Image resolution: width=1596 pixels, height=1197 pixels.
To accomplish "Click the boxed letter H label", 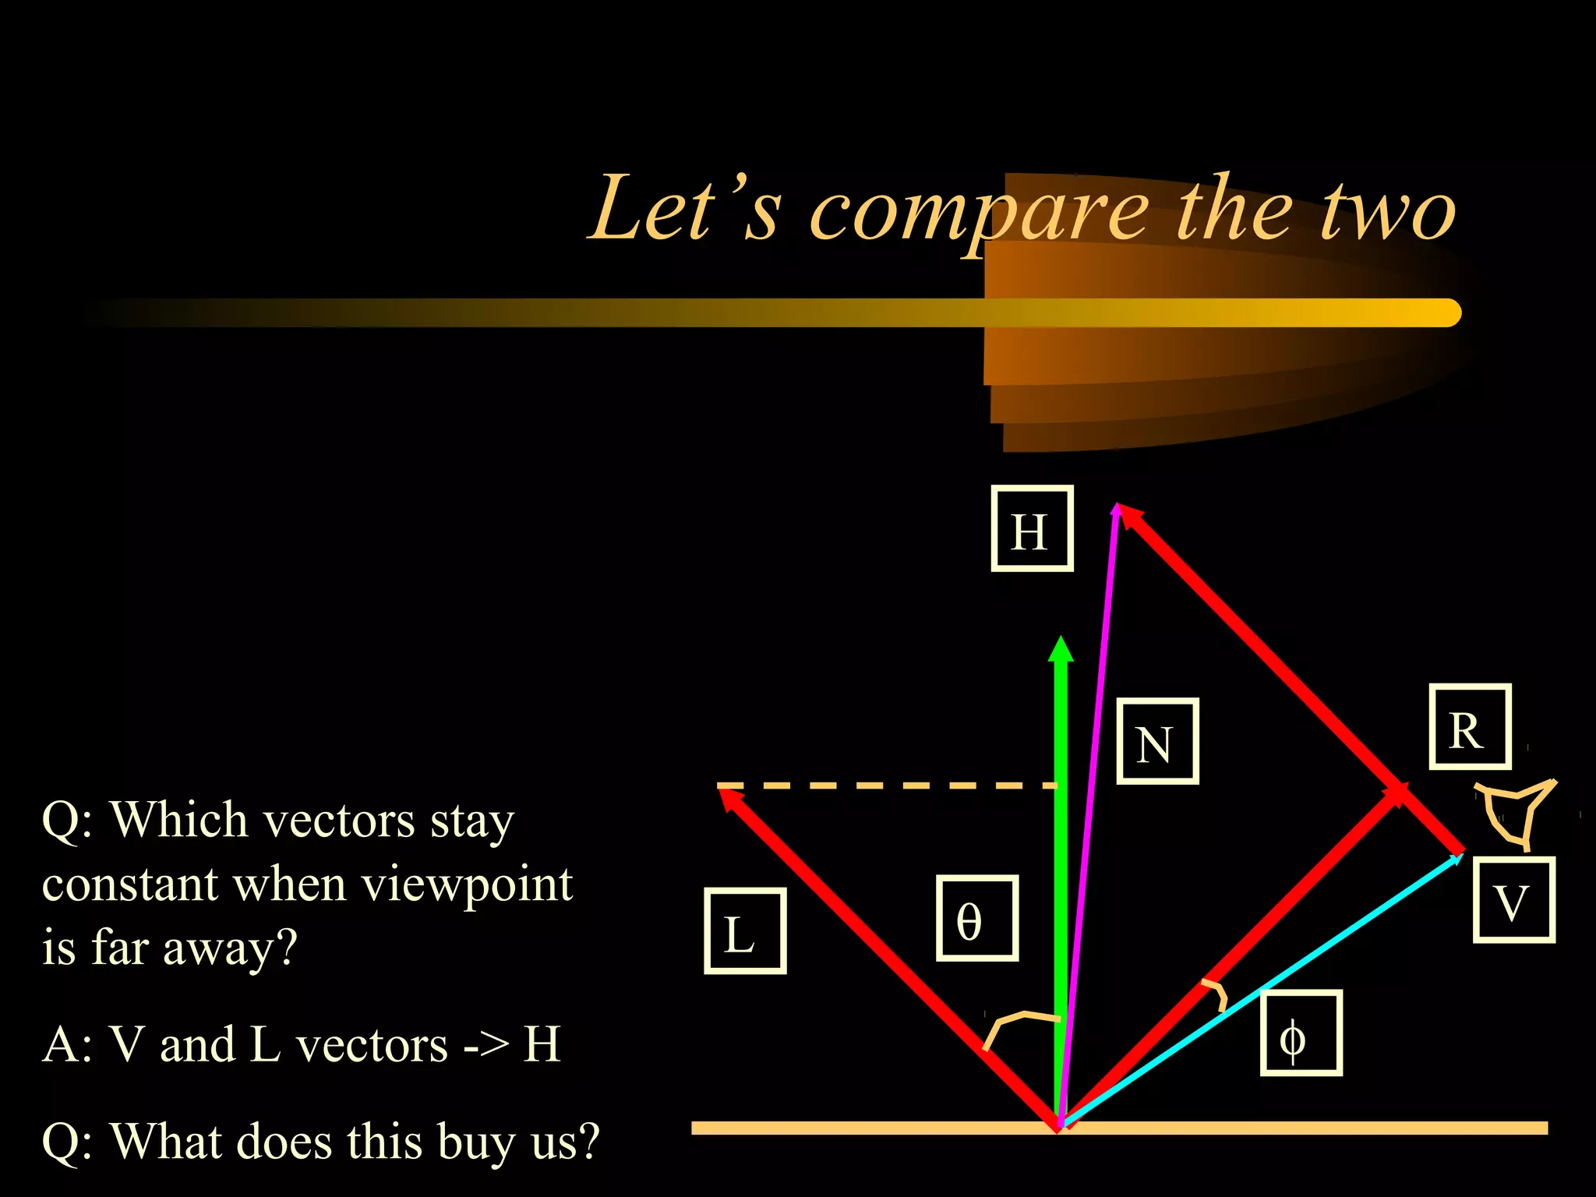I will coord(1031,529).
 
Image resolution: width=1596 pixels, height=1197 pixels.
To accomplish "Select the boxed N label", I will coord(1157,741).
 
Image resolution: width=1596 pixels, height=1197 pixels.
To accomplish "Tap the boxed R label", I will coord(1470,727).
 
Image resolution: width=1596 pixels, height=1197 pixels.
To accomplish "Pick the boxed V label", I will coord(1513,900).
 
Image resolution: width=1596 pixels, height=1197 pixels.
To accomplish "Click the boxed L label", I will coord(744,931).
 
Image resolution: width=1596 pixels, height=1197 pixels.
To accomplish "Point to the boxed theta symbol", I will coord(976,918).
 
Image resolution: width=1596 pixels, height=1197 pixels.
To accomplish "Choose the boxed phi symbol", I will coord(1301,1033).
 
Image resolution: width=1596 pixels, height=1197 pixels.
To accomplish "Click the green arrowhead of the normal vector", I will coord(1061,650).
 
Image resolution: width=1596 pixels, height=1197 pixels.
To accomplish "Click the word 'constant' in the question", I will coord(129,885).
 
